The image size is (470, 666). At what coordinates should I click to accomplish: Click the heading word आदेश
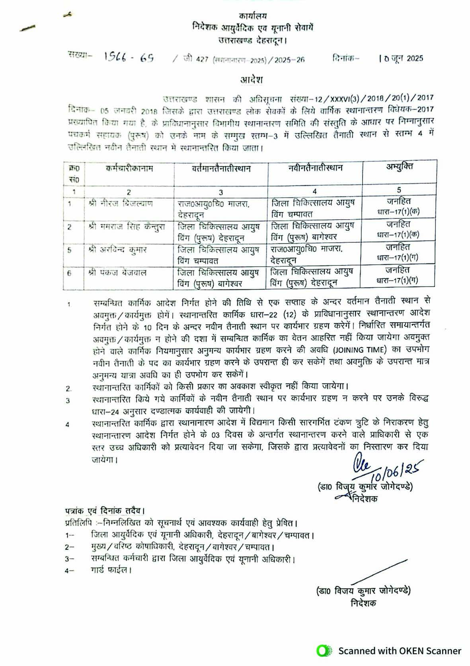click(x=252, y=80)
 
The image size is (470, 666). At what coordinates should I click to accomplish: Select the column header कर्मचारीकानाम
click(x=130, y=168)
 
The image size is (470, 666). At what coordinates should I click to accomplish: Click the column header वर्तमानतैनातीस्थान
click(x=221, y=169)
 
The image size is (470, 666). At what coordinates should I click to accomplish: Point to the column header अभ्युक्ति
click(x=399, y=167)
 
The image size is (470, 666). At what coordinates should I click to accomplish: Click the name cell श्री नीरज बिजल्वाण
click(x=121, y=204)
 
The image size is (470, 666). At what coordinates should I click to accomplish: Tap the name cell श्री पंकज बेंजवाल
click(x=118, y=273)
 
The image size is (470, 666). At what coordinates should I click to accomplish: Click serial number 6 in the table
click(x=70, y=273)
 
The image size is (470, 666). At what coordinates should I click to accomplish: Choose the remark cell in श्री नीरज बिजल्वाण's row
click(x=399, y=206)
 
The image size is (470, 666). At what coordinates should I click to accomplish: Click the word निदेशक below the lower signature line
click(x=363, y=603)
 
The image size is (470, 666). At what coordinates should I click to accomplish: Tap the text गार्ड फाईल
click(x=111, y=570)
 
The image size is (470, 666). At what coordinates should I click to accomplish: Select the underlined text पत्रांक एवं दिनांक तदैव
click(x=104, y=511)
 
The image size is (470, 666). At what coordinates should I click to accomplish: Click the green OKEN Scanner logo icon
click(x=324, y=651)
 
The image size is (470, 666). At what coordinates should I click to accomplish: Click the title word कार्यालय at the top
click(x=253, y=16)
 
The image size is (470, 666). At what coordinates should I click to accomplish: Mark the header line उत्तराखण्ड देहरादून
click(x=253, y=40)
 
